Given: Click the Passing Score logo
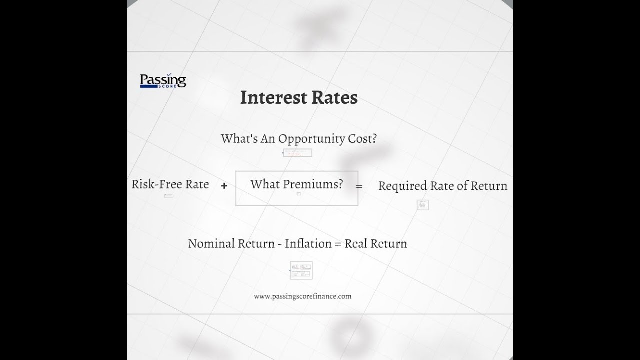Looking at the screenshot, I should click(163, 81).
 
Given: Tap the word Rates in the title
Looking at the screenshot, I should click(335, 97).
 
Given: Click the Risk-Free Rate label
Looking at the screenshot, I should click(170, 184).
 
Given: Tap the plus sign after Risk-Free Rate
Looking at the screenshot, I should click(224, 186).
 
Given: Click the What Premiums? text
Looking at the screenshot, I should click(296, 184).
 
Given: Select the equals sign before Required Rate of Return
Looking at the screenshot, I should click(359, 186).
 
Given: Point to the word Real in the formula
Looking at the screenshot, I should click(356, 244).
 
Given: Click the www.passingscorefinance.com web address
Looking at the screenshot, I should click(302, 296).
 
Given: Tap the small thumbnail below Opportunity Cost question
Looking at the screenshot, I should click(298, 153).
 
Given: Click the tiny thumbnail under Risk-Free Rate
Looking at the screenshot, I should click(169, 196).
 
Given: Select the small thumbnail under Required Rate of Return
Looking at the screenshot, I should click(423, 205).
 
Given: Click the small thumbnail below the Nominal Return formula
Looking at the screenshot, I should click(301, 270).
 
